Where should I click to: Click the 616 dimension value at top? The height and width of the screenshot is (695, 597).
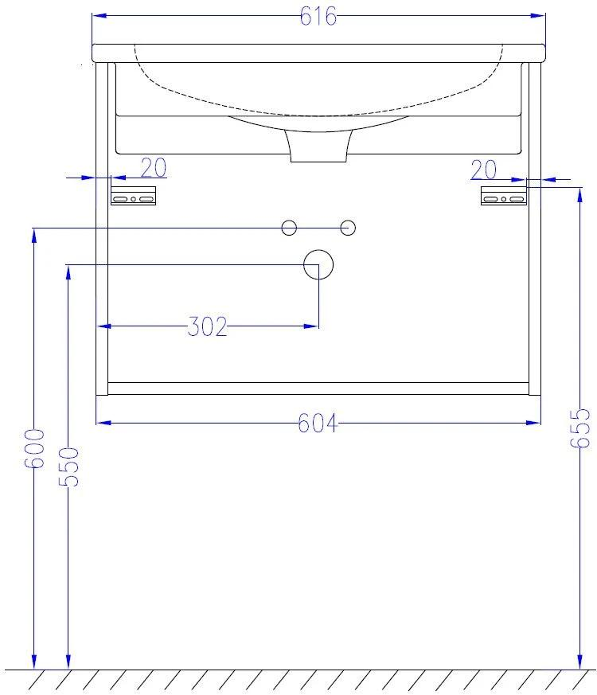tap(318, 17)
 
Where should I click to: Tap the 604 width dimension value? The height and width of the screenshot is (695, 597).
tap(318, 423)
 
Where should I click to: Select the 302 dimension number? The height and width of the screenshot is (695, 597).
tap(207, 326)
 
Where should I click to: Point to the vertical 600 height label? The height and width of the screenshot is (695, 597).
tap(34, 448)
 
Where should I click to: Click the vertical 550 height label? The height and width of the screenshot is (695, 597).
tap(68, 467)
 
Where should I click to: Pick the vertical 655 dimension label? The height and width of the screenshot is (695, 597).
tap(580, 428)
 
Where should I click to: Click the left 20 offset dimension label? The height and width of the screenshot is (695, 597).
tap(154, 167)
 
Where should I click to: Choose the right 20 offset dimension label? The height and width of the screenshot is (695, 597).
tap(483, 170)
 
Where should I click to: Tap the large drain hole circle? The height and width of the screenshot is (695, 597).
tap(318, 264)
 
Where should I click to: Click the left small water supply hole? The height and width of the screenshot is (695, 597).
tap(289, 228)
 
